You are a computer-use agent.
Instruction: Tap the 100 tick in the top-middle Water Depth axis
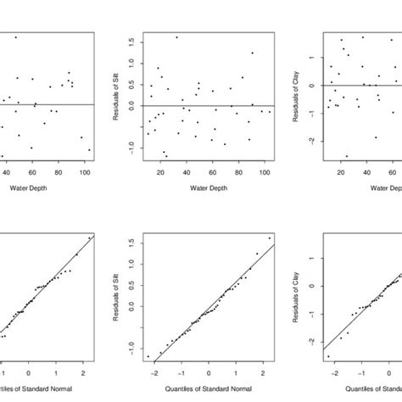click(264, 173)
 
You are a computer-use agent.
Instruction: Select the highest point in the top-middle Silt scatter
click(176, 37)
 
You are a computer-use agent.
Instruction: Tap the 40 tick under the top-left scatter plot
click(7, 173)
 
